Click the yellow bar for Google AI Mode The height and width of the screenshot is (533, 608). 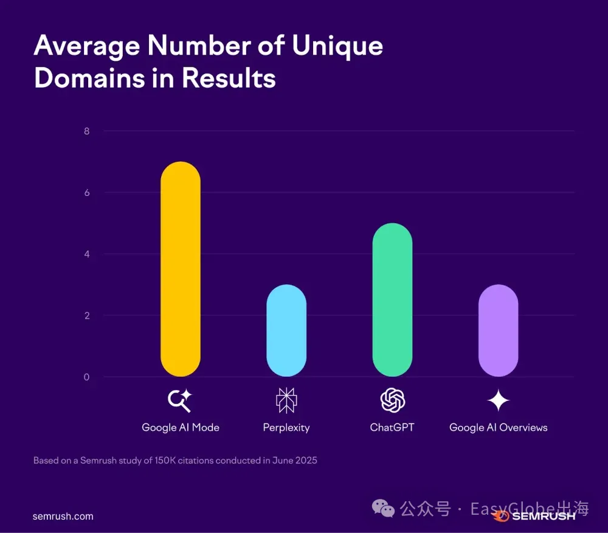click(180, 269)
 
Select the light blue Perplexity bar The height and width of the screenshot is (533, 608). click(286, 330)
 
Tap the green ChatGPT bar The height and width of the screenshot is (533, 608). click(392, 299)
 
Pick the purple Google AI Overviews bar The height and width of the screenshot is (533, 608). click(498, 330)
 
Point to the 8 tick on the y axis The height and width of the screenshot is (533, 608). click(86, 131)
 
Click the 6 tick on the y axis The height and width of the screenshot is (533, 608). click(86, 193)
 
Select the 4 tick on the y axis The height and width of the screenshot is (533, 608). click(86, 254)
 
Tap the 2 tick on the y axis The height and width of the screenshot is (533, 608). click(86, 316)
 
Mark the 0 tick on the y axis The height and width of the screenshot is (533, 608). click(86, 377)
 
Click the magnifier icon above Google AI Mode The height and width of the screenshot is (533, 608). click(180, 400)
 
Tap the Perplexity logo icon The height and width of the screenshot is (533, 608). click(286, 400)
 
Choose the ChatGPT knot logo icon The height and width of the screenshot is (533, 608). click(392, 400)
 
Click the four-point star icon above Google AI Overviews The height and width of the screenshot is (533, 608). click(498, 400)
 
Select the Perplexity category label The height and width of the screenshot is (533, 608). click(286, 428)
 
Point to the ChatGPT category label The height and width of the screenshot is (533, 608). click(392, 428)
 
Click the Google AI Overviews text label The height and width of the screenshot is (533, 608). click(498, 428)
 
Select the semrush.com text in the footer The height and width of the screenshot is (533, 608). click(63, 516)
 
